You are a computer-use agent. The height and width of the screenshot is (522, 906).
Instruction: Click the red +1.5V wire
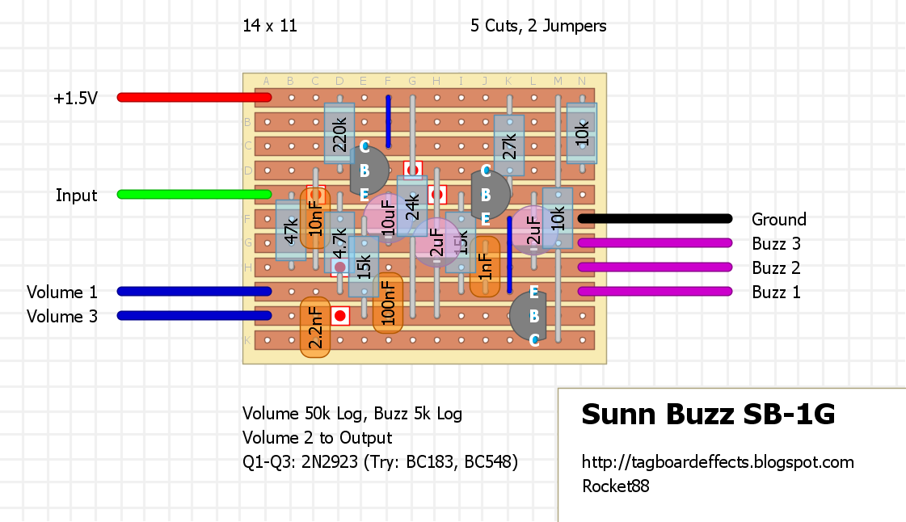(194, 98)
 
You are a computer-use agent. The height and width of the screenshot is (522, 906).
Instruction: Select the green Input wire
(194, 195)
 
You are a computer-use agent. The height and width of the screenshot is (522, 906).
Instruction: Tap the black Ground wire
(655, 219)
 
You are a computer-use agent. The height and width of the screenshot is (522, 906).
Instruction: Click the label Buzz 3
(776, 243)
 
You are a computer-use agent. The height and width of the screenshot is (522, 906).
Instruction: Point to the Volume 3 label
(62, 316)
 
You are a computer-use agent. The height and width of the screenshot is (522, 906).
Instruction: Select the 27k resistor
(509, 145)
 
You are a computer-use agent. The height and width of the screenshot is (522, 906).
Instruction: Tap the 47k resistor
(290, 230)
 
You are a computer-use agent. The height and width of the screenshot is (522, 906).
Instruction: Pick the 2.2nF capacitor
(315, 327)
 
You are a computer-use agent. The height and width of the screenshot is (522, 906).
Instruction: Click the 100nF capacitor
(388, 303)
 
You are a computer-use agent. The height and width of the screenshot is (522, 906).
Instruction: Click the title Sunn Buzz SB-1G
(708, 415)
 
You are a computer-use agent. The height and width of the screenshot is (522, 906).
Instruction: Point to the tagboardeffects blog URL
(718, 462)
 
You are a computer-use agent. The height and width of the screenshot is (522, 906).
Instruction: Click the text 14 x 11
(270, 26)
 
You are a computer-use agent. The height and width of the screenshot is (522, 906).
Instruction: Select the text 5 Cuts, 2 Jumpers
(538, 26)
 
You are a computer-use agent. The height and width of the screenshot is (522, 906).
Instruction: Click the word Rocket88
(616, 486)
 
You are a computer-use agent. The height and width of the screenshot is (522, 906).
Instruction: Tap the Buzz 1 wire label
(776, 292)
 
